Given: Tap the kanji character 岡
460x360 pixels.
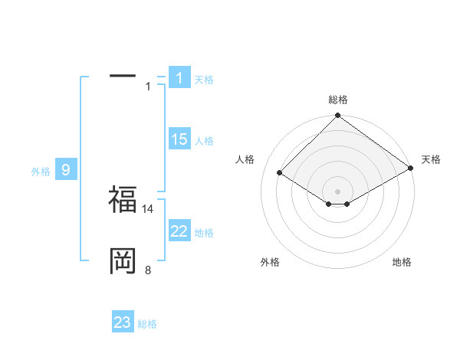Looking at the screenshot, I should point(123,261).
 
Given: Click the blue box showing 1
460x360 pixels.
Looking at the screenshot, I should point(179,78).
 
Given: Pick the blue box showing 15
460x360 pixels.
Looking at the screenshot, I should point(179,139).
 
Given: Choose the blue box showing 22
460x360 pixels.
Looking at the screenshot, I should point(179,231).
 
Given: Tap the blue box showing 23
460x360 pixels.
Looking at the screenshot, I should point(123,322).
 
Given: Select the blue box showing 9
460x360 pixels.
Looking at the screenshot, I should point(66,170).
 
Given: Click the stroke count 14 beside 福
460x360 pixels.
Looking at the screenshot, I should point(149,208).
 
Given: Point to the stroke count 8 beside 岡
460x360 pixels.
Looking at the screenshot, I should point(147,270).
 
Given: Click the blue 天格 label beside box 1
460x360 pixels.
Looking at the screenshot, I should point(204,80).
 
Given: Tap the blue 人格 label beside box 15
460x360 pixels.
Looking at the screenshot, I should point(204,141).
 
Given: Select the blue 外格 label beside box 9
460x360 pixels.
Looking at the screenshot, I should point(41,172).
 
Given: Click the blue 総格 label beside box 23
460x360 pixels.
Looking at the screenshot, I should point(147,324).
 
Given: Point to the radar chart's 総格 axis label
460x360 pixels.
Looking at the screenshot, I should point(337,100).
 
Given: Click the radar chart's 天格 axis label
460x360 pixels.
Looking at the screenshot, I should point(431,159).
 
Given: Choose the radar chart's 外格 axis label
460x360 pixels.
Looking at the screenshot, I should point(270,262).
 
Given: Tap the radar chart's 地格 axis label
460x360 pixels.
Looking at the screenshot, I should point(402,262).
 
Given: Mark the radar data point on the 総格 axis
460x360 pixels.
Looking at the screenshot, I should point(337,116).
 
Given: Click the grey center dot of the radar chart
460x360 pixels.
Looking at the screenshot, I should point(337,191).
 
